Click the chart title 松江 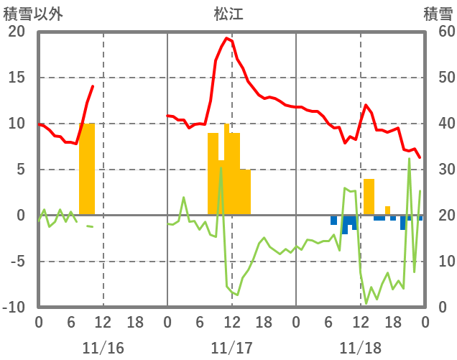(x=228, y=14)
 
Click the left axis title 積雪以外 (x=33, y=14)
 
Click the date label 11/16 (x=103, y=348)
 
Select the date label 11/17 (x=231, y=348)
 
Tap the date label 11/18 (x=360, y=348)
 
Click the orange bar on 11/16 (x=87, y=169)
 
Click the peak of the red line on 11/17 (x=227, y=38)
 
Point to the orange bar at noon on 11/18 (x=369, y=196)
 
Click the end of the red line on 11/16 (x=93, y=86)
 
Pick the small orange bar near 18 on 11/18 (x=387, y=211)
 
